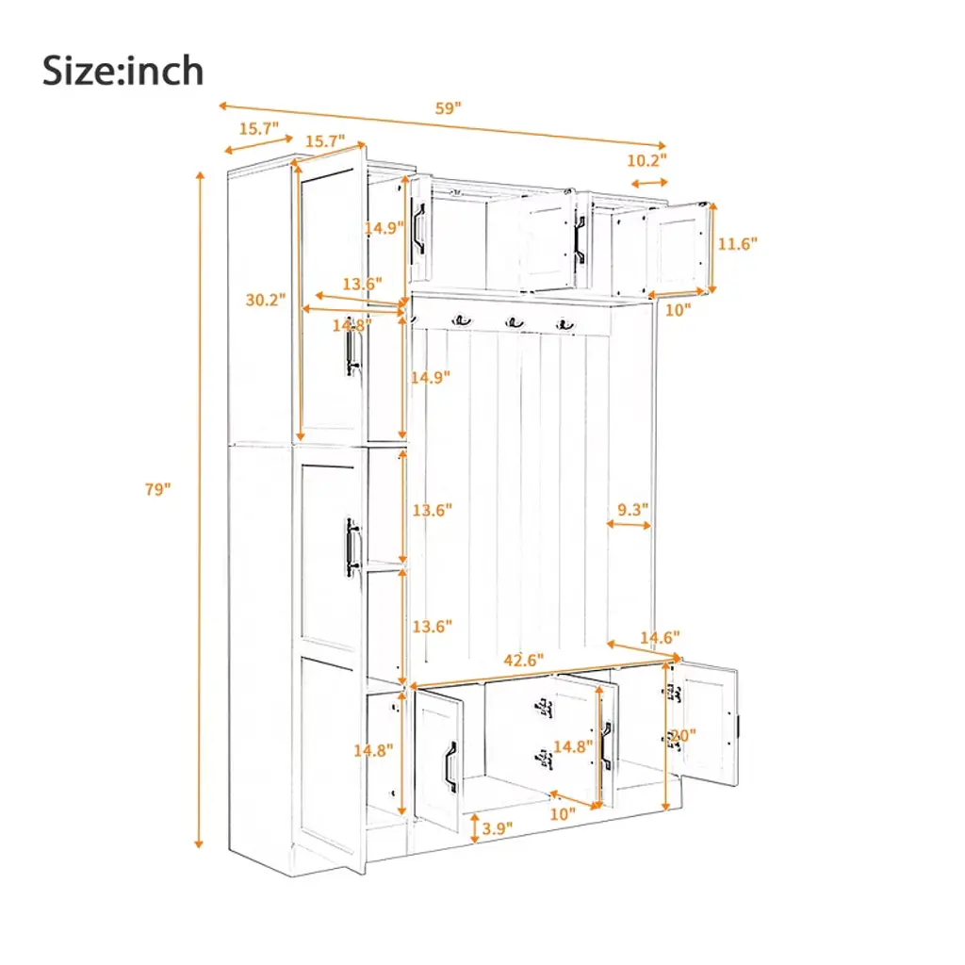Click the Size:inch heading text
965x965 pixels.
point(123,71)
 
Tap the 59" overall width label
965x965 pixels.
point(448,108)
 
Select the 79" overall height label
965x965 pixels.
point(157,489)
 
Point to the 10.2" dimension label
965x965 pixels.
point(646,160)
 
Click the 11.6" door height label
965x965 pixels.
point(737,244)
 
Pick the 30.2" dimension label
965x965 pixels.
point(265,300)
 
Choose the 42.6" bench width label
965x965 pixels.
point(524,661)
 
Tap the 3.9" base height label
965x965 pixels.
point(498,828)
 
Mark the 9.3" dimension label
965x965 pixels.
point(632,510)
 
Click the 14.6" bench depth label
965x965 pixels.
point(660,638)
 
